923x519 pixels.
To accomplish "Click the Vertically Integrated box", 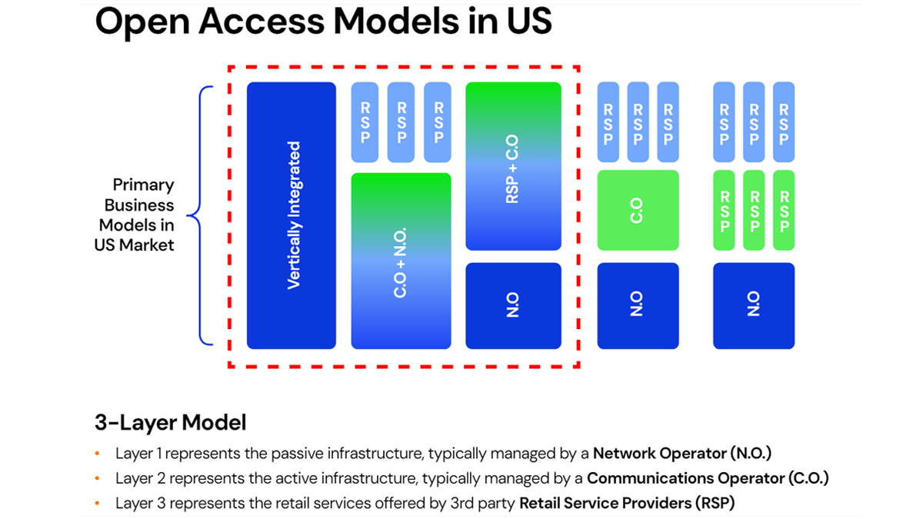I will [291, 215].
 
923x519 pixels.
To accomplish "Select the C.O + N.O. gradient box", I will [401, 261].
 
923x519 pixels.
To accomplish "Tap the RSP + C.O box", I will [513, 166].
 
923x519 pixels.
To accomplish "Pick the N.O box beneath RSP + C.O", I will [513, 305].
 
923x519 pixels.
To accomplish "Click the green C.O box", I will [638, 210].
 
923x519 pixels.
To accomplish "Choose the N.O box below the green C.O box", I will [638, 305].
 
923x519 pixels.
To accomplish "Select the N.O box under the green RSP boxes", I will [753, 305].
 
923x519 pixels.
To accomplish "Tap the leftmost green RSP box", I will [724, 210].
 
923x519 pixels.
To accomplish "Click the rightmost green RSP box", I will [783, 210].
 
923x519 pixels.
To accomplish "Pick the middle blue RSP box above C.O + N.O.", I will [401, 122].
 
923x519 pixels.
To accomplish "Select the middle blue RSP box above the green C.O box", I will [638, 122].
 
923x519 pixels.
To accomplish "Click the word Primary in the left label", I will [143, 185].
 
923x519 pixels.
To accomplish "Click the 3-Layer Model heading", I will [170, 422].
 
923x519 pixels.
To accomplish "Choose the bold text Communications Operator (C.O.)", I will [708, 478].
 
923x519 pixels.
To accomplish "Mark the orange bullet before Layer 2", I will [97, 478].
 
